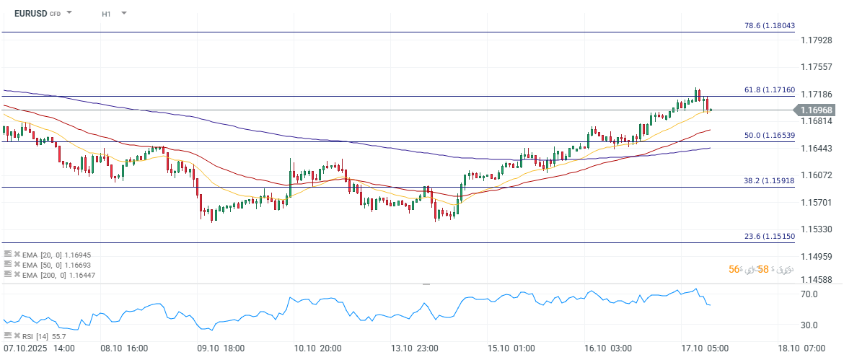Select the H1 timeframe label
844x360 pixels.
(x=107, y=14)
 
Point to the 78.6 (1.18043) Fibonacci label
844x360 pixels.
(x=769, y=25)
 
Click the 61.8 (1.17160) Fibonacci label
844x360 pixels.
(x=769, y=90)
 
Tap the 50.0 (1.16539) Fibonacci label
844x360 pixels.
(x=769, y=135)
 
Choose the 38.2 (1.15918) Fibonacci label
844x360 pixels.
(x=769, y=181)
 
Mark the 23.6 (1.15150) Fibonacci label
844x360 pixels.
(x=769, y=237)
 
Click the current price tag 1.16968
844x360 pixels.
(x=817, y=110)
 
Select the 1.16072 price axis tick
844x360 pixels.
(x=817, y=175)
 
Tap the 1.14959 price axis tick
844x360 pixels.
(x=817, y=256)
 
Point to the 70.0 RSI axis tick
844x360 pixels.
(x=809, y=294)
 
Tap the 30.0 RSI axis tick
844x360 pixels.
(x=809, y=325)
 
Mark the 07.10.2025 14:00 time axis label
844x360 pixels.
(x=39, y=348)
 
